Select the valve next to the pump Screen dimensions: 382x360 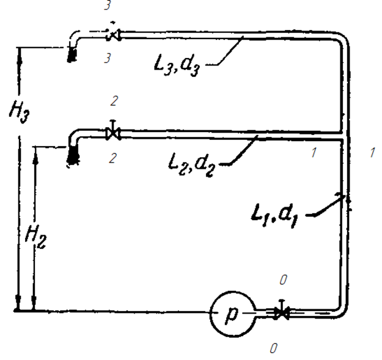coord(281,312)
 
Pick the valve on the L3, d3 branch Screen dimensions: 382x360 coord(112,35)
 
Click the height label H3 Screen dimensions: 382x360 coord(15,114)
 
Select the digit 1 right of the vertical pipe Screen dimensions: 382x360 coord(372,153)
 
